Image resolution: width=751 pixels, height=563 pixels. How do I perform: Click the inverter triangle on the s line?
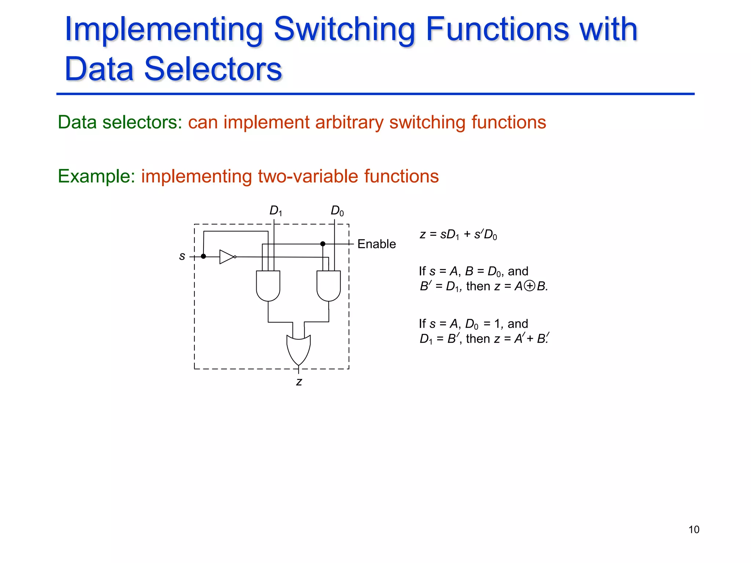[226, 257]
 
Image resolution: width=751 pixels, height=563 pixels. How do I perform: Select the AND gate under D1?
[268, 286]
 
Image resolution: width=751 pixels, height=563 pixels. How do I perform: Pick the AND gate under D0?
[329, 286]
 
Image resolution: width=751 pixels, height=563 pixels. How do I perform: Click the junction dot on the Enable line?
[323, 244]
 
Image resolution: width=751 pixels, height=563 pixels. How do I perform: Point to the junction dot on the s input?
[204, 256]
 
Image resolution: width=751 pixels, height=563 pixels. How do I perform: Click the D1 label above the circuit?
[275, 211]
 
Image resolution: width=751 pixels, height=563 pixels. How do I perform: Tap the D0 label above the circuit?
[337, 211]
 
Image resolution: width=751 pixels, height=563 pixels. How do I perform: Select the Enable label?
[376, 244]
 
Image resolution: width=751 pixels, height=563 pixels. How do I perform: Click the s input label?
[182, 256]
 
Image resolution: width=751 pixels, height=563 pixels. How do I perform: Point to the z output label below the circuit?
[299, 382]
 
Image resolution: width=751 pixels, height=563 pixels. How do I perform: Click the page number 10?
[693, 530]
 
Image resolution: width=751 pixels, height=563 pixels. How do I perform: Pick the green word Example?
[96, 176]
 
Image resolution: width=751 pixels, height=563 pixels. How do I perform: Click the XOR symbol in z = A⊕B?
[530, 286]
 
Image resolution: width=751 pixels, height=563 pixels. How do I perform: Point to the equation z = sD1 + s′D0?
[458, 235]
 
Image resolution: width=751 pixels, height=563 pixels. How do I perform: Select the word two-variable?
[308, 176]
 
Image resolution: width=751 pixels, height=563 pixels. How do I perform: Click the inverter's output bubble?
[235, 257]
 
